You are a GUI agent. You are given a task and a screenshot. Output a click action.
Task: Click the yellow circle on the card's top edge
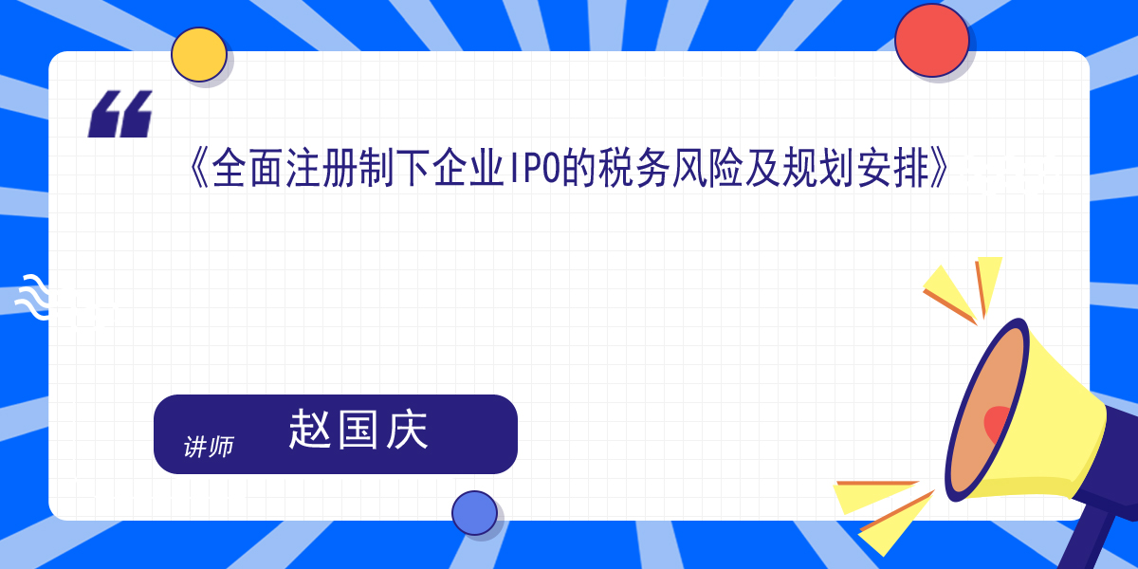(198, 54)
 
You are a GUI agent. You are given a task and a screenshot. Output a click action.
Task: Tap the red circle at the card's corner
(931, 41)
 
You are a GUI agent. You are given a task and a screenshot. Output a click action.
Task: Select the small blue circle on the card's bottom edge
(474, 513)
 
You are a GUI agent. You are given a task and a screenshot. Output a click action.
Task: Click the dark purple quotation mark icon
(120, 114)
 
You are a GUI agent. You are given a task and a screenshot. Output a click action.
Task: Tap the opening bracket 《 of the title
(198, 168)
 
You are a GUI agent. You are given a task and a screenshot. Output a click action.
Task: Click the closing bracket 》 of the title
(940, 168)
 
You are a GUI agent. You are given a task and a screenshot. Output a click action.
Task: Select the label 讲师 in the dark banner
(209, 447)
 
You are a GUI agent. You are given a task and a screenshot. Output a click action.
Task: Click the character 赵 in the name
(310, 430)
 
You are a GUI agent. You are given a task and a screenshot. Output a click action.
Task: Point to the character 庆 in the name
(407, 430)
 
